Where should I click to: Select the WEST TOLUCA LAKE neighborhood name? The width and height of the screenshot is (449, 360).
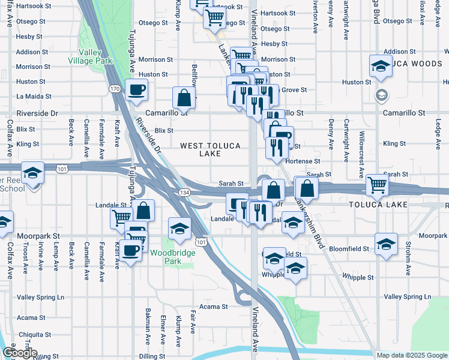coord(210,149)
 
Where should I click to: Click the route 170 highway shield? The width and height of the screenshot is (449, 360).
coord(115,89)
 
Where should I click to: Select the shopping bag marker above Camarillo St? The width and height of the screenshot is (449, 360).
coord(184,98)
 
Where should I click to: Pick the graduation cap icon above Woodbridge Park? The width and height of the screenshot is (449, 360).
coord(179,229)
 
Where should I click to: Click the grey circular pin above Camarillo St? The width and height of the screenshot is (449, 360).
coord(381,95)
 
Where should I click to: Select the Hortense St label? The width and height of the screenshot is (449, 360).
coord(303,161)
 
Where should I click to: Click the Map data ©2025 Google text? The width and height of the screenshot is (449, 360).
coord(411,355)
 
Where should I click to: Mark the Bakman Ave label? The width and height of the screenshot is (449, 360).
coord(148,322)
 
